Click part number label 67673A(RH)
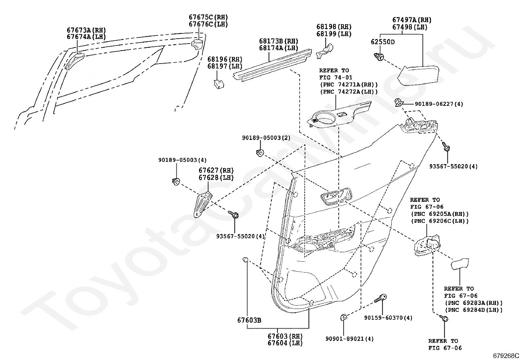86,30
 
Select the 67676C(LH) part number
208,24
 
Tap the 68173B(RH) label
278,41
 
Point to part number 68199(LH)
334,34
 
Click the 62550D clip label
383,42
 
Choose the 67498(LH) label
410,27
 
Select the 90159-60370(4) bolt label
388,318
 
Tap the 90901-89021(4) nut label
350,339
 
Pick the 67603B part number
249,320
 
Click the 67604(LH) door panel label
285,343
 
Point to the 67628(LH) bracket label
216,178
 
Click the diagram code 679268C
506,355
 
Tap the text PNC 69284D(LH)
474,310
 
